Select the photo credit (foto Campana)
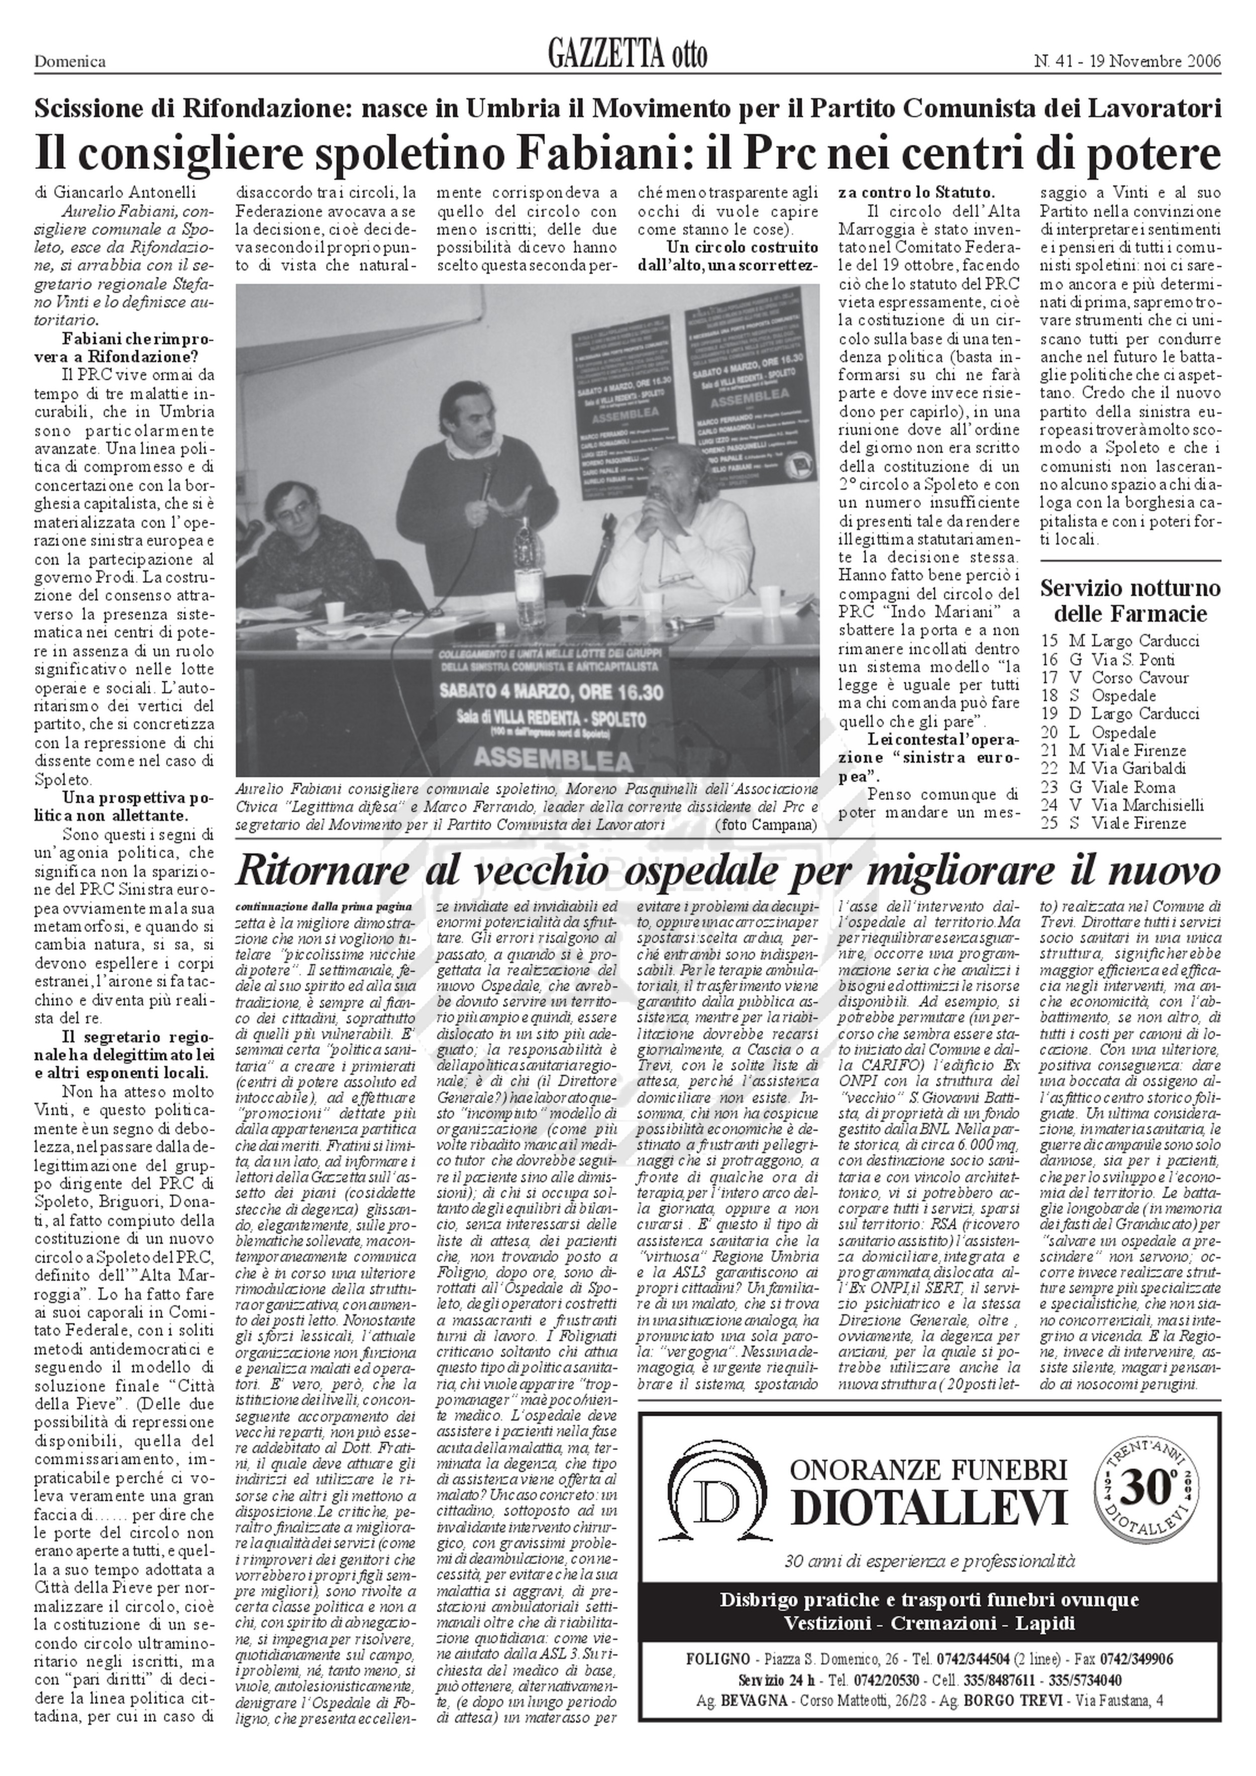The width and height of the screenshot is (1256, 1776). (766, 824)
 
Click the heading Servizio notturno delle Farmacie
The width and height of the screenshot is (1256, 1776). (1130, 600)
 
